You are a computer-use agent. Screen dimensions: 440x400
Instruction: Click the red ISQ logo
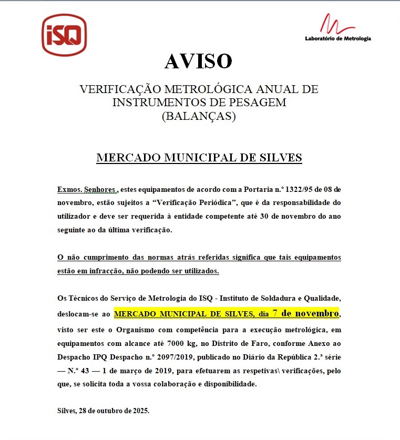64,35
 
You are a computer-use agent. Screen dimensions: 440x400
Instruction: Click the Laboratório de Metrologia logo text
338,38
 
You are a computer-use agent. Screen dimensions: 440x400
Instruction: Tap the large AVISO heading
198,62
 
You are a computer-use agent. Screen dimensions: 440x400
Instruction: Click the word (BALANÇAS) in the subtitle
199,116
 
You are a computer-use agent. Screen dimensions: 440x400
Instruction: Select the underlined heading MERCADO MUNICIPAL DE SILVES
199,158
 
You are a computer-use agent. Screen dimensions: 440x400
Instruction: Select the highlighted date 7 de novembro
305,314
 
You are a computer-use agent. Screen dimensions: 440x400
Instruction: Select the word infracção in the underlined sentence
115,271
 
